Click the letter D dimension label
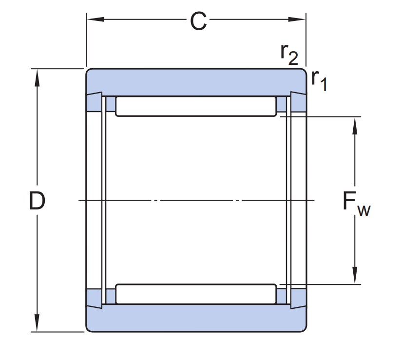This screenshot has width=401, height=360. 37,201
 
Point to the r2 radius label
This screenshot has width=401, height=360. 289,55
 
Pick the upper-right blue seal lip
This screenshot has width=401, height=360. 299,102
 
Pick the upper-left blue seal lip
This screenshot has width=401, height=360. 94,102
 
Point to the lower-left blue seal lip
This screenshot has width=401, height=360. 94,298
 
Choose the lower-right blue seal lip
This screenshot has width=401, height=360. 299,298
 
